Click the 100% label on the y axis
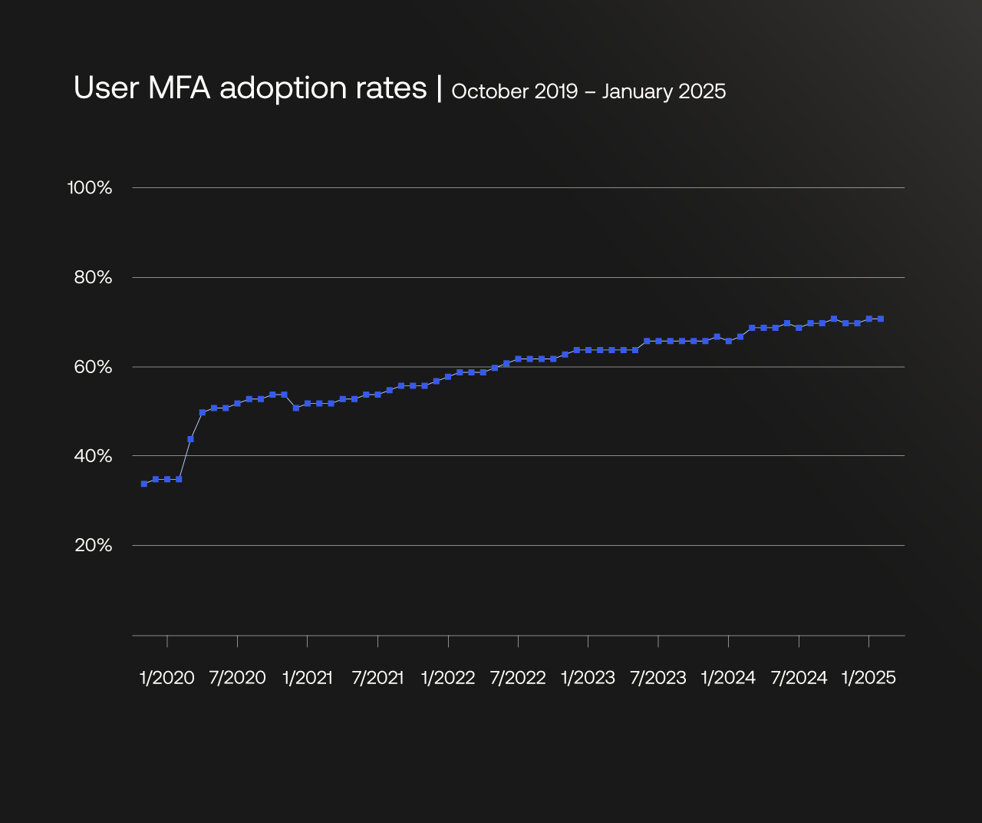pos(90,187)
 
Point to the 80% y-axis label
pos(93,277)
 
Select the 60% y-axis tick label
pos(93,367)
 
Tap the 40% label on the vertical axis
pos(93,456)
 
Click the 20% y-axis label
pos(93,545)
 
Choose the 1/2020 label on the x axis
pos(167,678)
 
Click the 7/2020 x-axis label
pos(237,678)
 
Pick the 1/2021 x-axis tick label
pos(308,678)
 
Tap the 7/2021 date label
pos(377,678)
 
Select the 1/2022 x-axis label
pos(448,678)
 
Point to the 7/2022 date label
pos(518,678)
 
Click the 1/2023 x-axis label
pos(588,678)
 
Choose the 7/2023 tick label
pos(658,678)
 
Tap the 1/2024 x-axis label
pos(728,678)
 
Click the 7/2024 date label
pos(799,678)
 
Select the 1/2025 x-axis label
pos(868,678)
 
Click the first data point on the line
pos(144,484)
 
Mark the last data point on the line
pos(881,319)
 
